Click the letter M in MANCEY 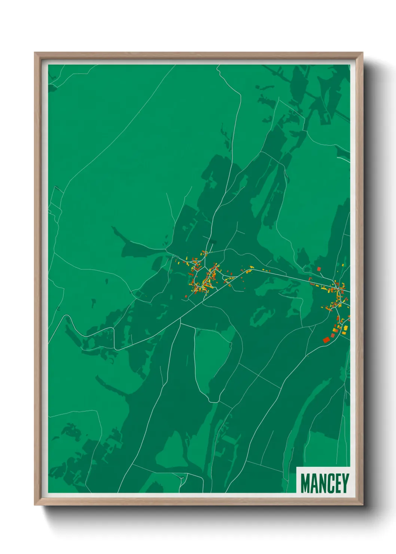[306, 483]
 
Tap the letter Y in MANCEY [345, 483]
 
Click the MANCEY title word [325, 483]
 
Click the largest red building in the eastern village [326, 340]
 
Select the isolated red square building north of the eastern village [319, 268]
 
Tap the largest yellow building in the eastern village [345, 328]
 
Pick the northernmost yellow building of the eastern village [344, 265]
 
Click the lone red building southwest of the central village [186, 296]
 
